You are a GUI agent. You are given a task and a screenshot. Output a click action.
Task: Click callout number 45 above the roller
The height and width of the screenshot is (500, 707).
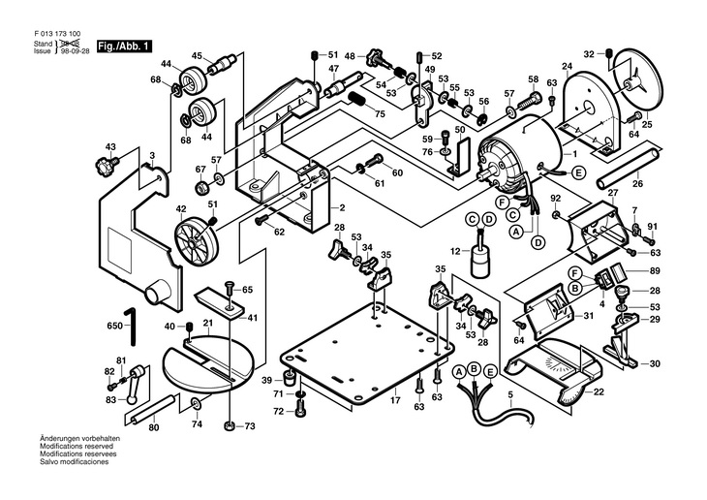[198, 56]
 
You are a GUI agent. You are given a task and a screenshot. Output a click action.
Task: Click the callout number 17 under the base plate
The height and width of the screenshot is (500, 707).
[394, 400]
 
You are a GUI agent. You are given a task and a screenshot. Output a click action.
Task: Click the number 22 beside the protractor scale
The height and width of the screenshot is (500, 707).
[598, 391]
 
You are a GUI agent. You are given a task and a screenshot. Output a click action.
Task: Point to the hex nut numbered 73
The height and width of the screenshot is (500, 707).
[229, 425]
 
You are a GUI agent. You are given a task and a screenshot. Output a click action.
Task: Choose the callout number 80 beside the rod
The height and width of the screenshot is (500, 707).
[153, 427]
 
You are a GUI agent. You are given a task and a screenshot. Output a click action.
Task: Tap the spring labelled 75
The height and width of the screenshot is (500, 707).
[358, 98]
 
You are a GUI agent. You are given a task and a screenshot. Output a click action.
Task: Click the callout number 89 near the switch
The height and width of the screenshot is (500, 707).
[655, 272]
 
